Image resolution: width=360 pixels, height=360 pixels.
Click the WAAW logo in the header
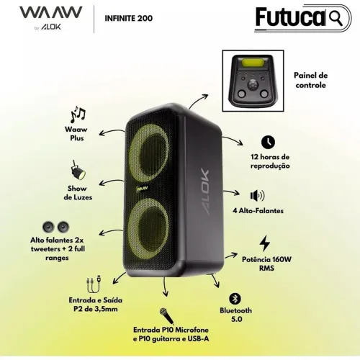(51, 12)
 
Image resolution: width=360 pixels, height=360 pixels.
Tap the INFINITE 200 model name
(129, 18)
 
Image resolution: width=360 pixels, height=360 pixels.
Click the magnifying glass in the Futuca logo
(336, 17)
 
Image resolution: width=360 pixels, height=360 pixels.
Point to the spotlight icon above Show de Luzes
(78, 170)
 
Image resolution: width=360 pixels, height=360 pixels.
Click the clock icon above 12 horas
(268, 142)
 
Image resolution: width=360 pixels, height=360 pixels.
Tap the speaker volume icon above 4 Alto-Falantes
(257, 196)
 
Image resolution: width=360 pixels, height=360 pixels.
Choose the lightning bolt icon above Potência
(265, 243)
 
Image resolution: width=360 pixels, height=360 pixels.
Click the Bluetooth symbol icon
(235, 299)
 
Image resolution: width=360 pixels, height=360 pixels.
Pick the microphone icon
(166, 315)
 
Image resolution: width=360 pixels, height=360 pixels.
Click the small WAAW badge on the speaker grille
(142, 189)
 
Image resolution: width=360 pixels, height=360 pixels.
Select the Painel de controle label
(311, 80)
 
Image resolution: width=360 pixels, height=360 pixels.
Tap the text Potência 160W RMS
(266, 264)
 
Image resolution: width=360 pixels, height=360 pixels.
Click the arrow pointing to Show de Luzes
(112, 181)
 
